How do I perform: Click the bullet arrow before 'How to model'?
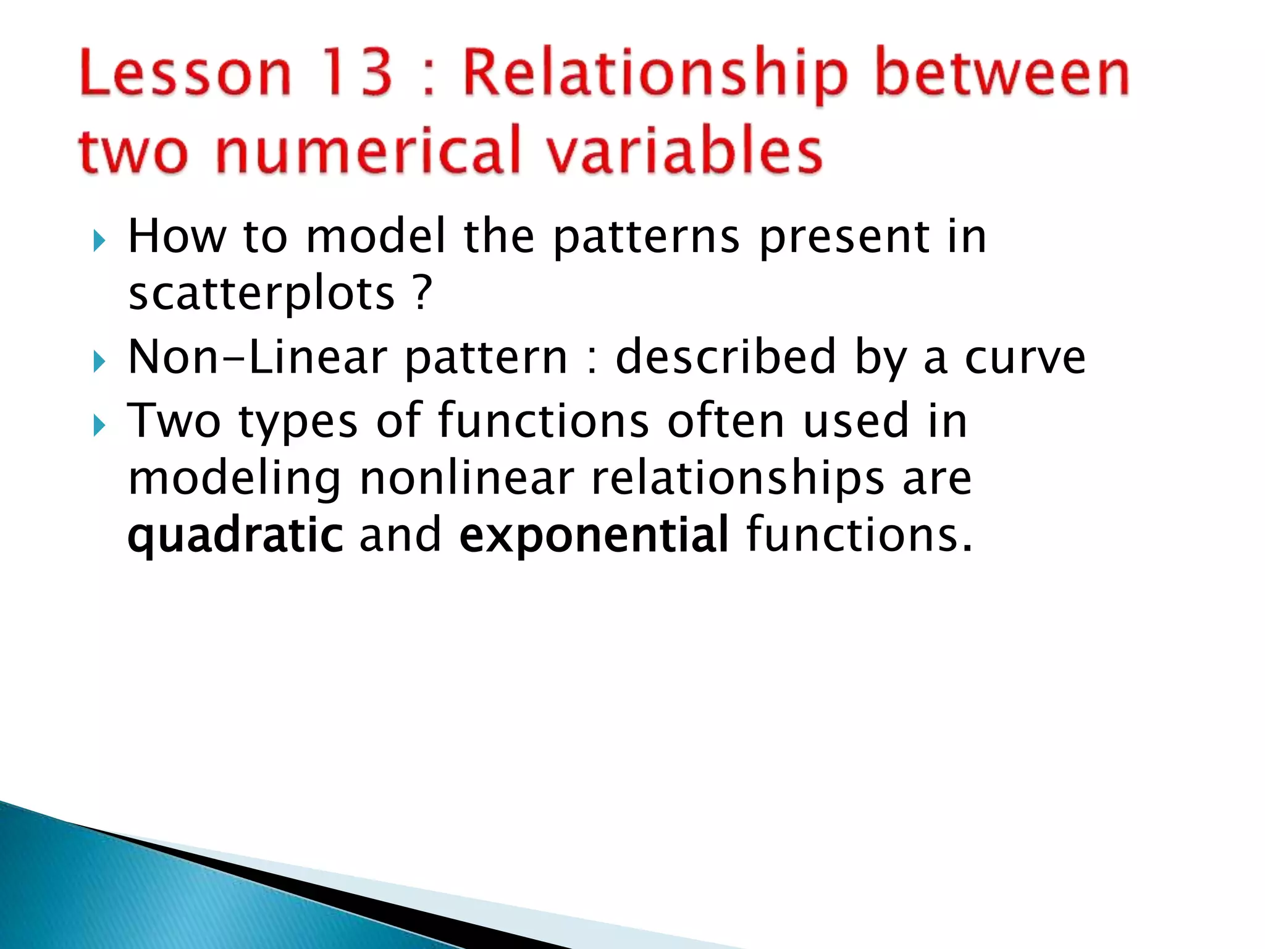pos(99,241)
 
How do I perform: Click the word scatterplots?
pos(261,293)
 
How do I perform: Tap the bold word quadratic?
pos(235,536)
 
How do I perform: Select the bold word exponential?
pos(594,536)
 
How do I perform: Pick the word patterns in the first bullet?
pos(646,238)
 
